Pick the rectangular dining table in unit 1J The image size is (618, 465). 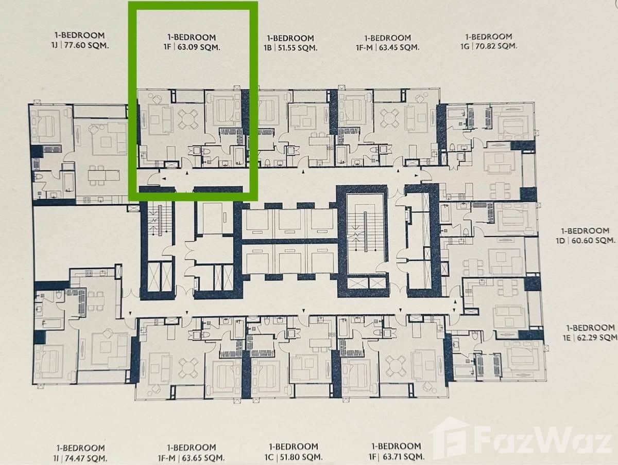pos(103,175)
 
